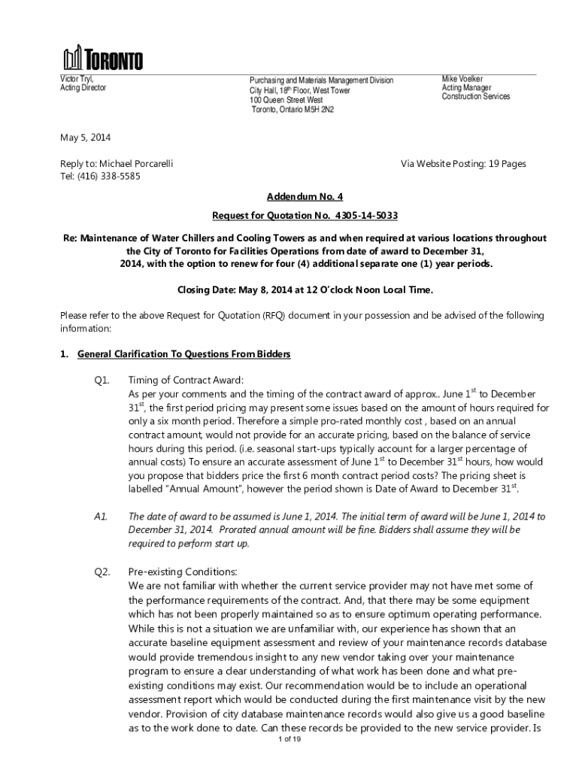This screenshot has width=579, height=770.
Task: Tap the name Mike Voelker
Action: tap(462, 78)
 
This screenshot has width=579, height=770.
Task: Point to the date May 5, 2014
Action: tap(85, 138)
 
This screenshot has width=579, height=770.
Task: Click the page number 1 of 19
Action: tap(289, 740)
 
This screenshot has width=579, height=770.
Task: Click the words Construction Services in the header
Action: tap(475, 96)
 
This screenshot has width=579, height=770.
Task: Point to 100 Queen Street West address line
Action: tap(286, 100)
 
